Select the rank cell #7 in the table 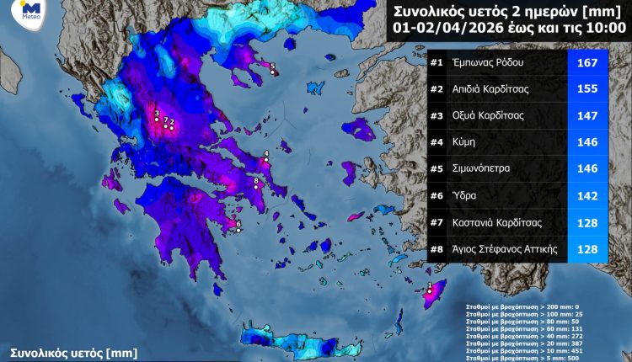437,222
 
